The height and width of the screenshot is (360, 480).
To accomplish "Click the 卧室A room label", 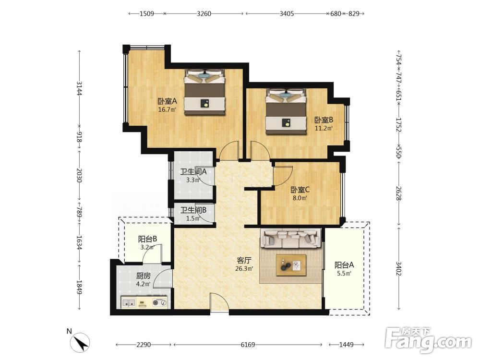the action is tap(167, 101).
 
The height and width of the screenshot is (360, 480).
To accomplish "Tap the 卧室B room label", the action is tap(324, 120).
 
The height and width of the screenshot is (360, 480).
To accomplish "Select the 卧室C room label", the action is tap(300, 190).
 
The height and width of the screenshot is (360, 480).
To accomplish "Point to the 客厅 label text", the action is tap(244, 261).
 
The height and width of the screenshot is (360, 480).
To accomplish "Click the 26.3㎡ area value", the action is tap(244, 269).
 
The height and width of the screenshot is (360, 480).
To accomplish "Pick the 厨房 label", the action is tap(143, 276).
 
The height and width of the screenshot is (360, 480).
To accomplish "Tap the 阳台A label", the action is tap(344, 265).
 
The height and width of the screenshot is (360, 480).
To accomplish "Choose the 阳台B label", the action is tap(147, 239).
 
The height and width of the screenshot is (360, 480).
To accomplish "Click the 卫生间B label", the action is tap(193, 210).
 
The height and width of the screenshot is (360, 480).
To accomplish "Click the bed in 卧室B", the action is tap(286, 112).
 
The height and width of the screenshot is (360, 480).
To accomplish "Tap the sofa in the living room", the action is tap(290, 238).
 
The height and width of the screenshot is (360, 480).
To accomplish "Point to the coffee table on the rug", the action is tap(291, 265).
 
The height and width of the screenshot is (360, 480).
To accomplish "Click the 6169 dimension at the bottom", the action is tap(248, 345).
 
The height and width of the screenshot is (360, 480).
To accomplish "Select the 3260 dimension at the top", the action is tap(204, 13).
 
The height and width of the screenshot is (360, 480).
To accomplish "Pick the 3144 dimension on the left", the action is tap(79, 88).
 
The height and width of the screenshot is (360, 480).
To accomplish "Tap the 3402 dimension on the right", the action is tap(398, 268).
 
